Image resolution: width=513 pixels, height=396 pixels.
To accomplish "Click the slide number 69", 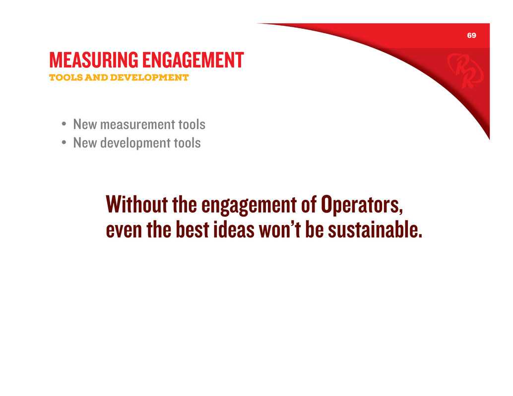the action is pos(471,35).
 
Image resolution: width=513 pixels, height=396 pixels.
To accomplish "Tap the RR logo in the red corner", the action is pos(465,70).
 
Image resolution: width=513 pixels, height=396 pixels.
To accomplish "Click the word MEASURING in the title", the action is pos(94,60).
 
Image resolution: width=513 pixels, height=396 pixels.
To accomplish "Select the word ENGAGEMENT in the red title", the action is pos(193,60).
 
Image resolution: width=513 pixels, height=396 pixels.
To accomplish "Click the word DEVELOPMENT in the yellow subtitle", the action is pos(149,77).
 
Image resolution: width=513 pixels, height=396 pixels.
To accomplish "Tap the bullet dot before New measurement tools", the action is pos(64,124).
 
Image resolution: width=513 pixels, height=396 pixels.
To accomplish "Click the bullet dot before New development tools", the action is pos(64,142).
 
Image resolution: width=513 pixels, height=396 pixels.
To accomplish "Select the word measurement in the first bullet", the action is pos(138,124).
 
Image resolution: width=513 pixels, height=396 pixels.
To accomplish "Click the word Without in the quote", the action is pos(137,204).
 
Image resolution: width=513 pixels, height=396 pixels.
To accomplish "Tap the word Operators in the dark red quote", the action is pos(362,205).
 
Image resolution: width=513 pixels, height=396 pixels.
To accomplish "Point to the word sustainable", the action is pos(375,229).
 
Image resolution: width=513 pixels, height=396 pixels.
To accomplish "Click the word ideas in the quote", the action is pos(234,229).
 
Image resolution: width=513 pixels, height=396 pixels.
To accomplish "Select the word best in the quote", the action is pos(192,229).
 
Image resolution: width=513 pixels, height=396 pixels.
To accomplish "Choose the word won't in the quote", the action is pos(280,229).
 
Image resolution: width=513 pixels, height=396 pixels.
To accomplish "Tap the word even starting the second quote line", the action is pos(124,231).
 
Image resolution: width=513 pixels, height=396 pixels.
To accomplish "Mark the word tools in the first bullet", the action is pos(192,124).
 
